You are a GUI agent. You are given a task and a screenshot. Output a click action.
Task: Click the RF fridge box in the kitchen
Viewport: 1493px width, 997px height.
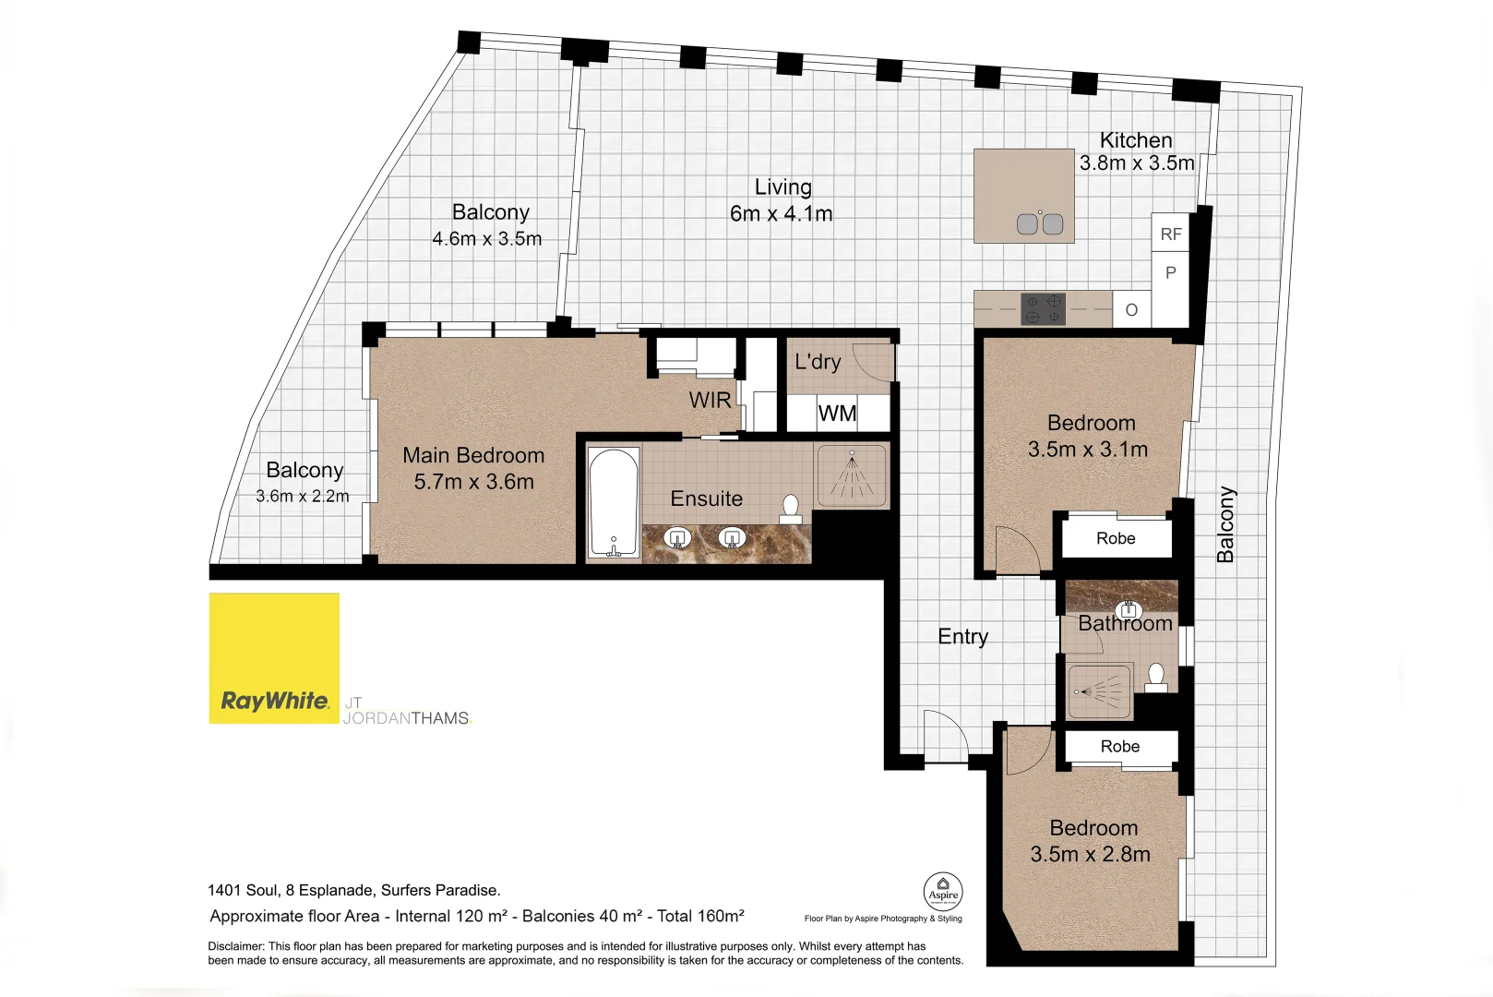pos(1170,234)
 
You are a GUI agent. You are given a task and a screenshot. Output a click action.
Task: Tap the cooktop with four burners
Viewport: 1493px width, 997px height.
pos(1043,309)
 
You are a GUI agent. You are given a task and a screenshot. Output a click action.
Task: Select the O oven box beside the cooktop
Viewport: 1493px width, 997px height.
pos(1131,310)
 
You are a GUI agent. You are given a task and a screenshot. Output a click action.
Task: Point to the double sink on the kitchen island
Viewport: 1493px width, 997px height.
pos(1040,223)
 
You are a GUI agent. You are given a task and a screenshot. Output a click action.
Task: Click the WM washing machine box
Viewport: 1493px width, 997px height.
pos(838,414)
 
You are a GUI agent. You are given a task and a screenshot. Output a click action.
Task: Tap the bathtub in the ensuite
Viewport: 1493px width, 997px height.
pos(613,503)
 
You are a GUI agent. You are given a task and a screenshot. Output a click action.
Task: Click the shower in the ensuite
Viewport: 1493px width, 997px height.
pos(852,475)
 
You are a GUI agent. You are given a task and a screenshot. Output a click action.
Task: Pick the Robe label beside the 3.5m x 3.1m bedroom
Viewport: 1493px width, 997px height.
pos(1116,538)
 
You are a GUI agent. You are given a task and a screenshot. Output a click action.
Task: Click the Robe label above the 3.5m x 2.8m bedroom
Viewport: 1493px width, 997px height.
pos(1119,747)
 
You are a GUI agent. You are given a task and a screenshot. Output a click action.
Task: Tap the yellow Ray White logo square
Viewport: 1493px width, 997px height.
pos(274,657)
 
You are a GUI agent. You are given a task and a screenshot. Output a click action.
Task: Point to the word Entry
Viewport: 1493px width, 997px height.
pos(962,637)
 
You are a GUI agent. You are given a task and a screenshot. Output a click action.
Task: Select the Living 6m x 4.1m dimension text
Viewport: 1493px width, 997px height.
pos(781,214)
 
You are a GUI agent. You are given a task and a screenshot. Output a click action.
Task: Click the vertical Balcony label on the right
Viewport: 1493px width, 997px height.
pos(1225,524)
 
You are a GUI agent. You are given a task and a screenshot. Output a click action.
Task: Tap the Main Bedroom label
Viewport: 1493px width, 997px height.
pos(473,456)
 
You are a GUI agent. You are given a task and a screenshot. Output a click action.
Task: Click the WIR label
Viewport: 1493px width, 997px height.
pos(710,401)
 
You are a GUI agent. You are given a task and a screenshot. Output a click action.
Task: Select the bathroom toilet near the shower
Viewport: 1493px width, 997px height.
pos(1156,678)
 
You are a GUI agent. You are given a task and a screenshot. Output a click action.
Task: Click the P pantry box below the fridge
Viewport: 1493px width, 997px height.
pos(1170,273)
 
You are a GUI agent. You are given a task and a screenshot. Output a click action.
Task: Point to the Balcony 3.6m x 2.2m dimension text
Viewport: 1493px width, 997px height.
pos(303,497)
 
